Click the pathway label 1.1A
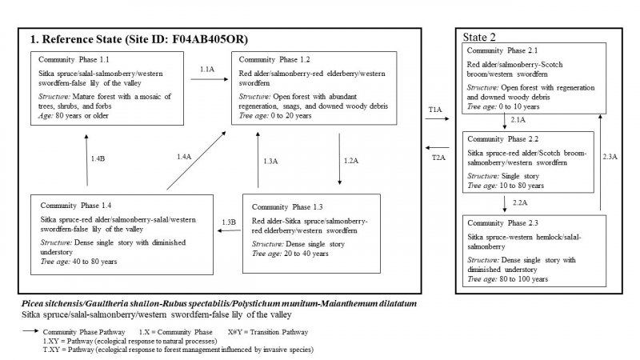206,70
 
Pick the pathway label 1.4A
183,157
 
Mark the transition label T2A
438,158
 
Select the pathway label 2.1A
518,120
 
